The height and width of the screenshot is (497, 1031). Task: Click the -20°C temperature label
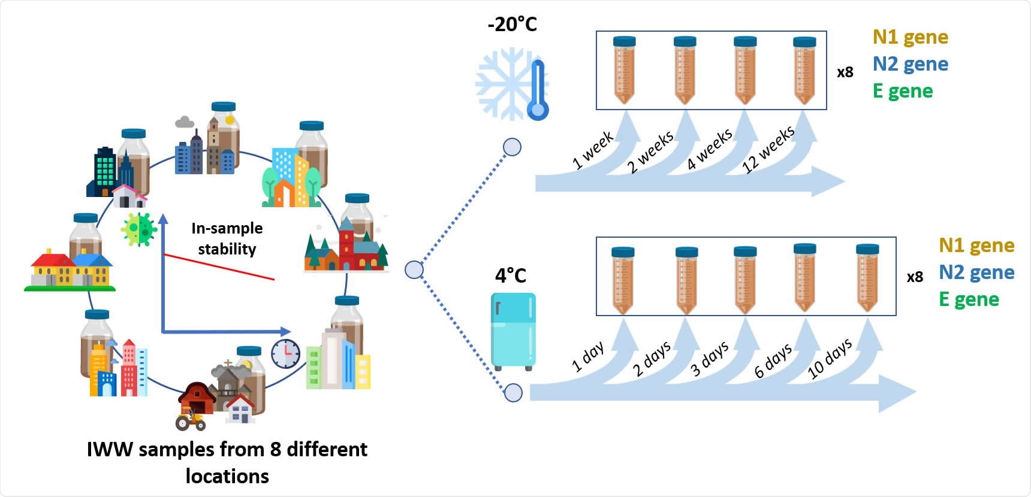(512, 25)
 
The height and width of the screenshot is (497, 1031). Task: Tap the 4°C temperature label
(510, 275)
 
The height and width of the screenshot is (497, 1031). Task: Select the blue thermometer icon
(538, 90)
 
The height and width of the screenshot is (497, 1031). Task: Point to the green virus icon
(139, 229)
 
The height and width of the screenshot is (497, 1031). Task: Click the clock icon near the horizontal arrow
(285, 353)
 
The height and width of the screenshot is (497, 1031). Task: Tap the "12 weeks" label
(768, 149)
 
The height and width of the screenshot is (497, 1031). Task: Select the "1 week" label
(592, 150)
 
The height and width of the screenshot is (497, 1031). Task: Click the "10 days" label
(830, 358)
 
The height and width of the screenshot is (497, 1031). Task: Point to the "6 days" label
(773, 360)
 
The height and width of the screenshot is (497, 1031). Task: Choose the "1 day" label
(587, 357)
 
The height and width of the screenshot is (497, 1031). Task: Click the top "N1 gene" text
(910, 37)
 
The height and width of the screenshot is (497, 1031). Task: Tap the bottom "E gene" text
(969, 299)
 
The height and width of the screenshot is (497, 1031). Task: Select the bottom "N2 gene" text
(976, 272)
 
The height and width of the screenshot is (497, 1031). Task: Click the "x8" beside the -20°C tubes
(845, 72)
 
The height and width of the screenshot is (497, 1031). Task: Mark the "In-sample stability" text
(227, 238)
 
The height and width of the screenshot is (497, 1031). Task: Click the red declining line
(219, 267)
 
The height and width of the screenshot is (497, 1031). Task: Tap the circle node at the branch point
(414, 270)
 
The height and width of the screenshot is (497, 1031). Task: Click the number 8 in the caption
(276, 449)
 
